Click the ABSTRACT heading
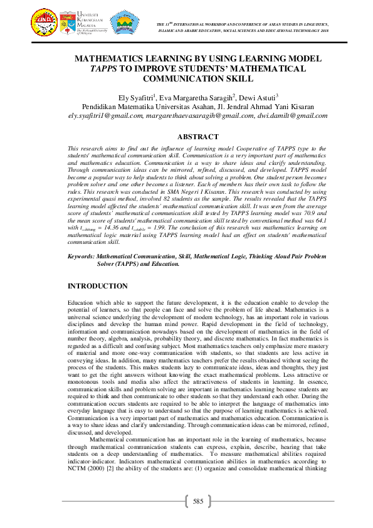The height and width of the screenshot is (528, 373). coord(198,137)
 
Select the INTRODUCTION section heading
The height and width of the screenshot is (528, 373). coord(97,287)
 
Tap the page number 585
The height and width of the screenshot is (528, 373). coord(198,502)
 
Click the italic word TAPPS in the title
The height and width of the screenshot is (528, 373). coord(90,69)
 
